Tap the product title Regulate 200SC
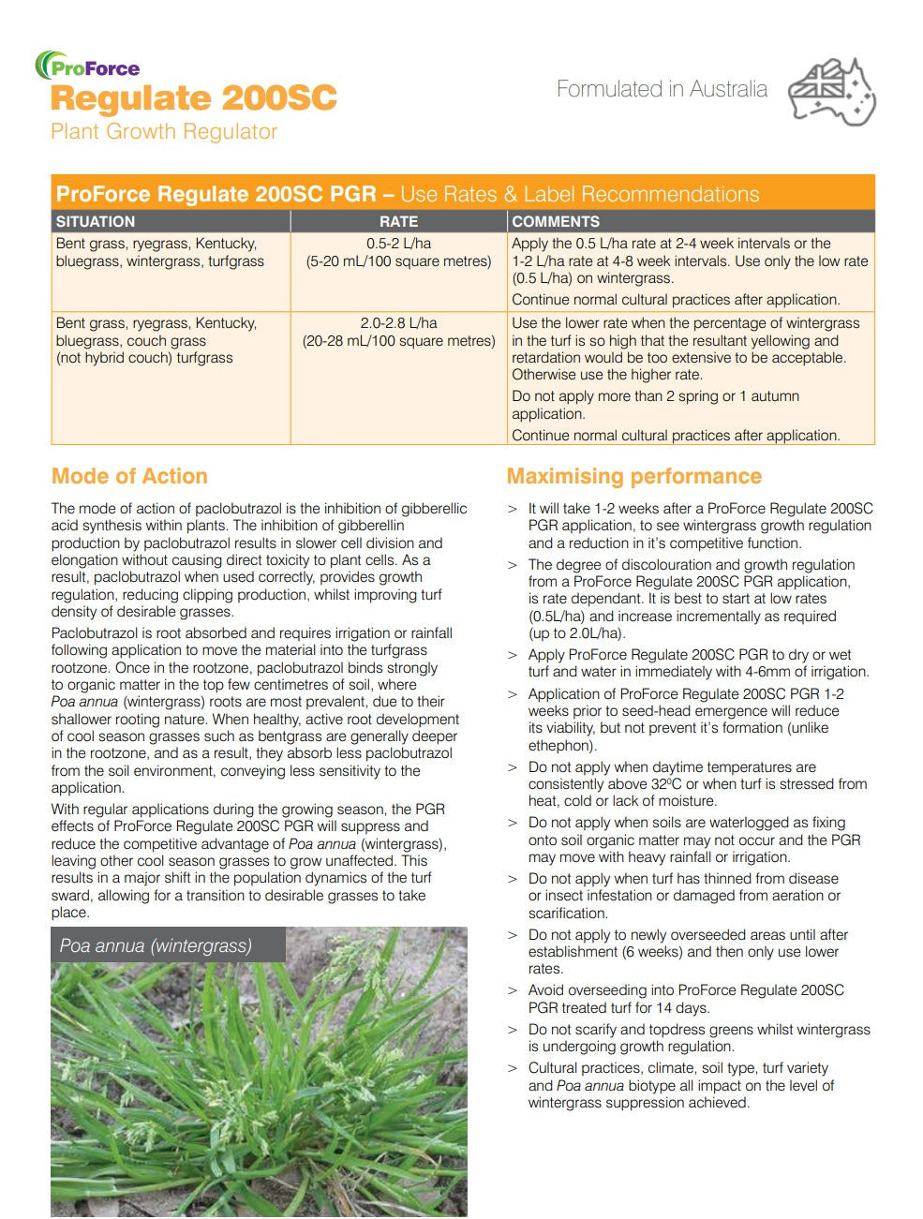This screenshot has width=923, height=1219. [194, 98]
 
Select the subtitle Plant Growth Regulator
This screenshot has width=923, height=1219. [164, 131]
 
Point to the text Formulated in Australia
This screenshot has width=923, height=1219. [662, 90]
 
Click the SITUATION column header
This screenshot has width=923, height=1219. [96, 222]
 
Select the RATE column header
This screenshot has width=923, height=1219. [398, 222]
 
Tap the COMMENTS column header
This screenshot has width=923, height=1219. [556, 222]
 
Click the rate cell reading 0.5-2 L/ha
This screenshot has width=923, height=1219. [398, 244]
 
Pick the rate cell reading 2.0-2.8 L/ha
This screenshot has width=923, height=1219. [398, 323]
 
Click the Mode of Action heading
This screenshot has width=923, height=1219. [129, 476]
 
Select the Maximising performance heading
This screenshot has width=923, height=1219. [634, 476]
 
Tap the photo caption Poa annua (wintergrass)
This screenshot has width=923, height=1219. [156, 945]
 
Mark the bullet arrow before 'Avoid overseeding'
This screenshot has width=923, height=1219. [513, 990]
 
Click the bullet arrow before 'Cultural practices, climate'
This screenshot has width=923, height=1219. [513, 1068]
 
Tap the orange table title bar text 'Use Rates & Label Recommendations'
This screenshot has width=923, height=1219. [580, 194]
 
